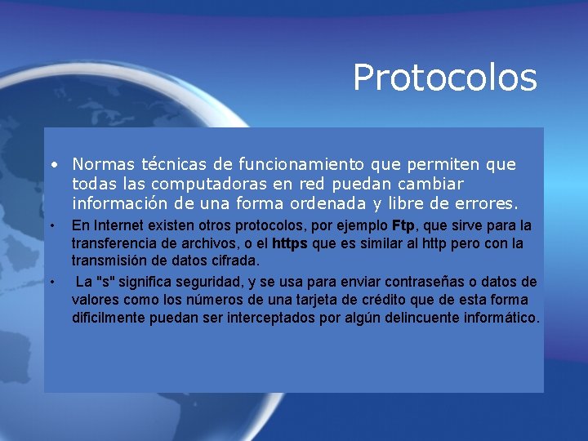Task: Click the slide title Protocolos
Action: tap(444, 78)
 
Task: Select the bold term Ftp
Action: tap(403, 225)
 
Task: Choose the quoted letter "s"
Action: tap(105, 282)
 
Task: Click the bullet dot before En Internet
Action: tap(51, 225)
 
